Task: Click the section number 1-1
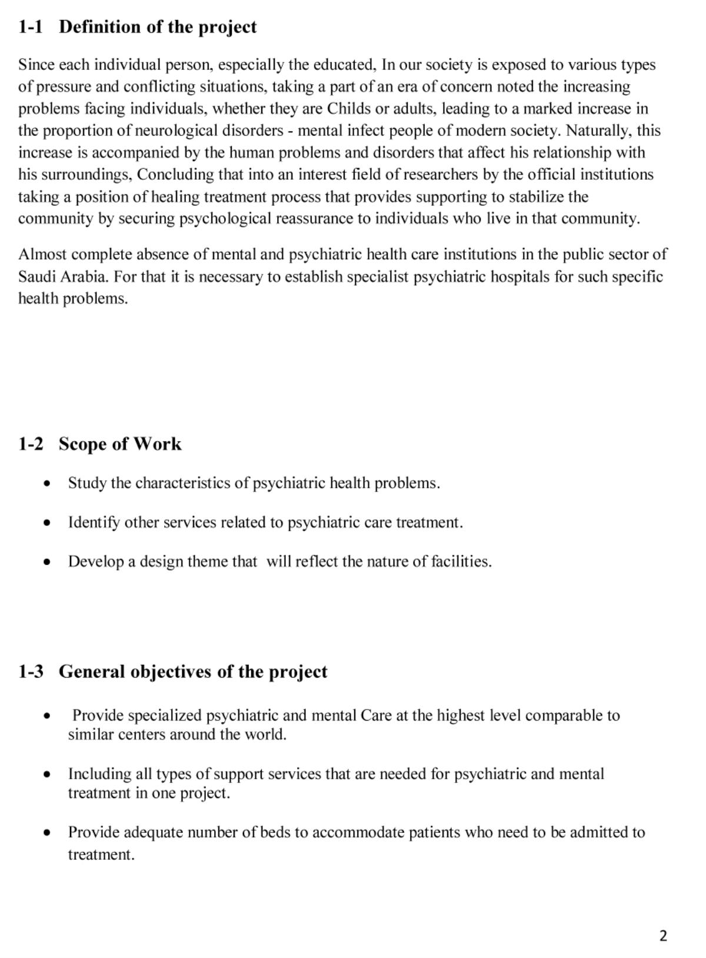pos(31,27)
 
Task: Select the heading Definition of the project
pos(158,27)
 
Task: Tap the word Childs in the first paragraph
pos(349,109)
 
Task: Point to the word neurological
pos(176,130)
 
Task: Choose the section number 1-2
pos(31,444)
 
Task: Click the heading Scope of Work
pos(120,444)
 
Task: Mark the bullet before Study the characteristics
pos(47,484)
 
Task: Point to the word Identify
pos(94,522)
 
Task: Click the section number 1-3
pos(31,672)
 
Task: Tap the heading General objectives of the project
pos(193,672)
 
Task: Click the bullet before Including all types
pos(47,775)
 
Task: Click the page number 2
pos(664,936)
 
